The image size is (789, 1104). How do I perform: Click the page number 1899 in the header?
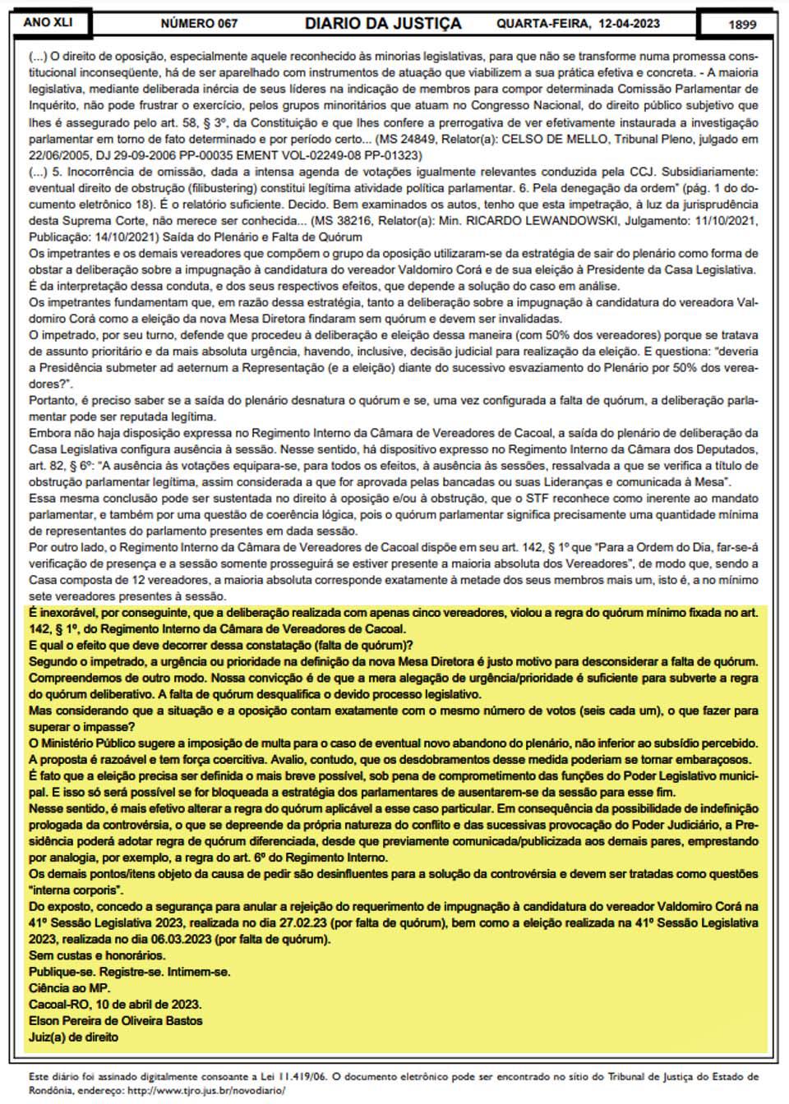pos(741,24)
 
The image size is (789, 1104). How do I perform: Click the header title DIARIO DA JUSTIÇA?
pos(382,24)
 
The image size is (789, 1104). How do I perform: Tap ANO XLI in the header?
pos(48,22)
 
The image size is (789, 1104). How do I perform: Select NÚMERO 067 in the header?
pos(199,24)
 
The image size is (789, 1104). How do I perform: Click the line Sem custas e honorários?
pos(97,955)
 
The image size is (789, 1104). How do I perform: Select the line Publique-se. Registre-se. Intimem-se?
pos(129,972)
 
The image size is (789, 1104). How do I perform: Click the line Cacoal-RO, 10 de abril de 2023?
pos(115,1005)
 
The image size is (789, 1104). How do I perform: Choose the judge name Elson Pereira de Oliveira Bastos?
pos(115,1021)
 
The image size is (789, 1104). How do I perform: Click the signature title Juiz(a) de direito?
pos(73,1037)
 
